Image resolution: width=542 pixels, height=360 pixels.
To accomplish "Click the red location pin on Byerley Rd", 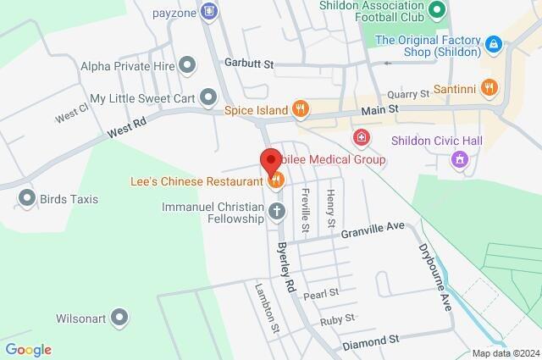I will [269, 160].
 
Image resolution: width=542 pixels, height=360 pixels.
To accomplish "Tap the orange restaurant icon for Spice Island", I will [298, 109].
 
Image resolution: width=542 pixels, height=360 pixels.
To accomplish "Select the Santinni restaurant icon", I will [489, 87].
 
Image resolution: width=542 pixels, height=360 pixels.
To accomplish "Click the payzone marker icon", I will [210, 12].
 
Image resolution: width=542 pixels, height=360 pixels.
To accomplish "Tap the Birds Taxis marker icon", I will [26, 199].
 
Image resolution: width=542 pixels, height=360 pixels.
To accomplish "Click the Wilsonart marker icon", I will [120, 318].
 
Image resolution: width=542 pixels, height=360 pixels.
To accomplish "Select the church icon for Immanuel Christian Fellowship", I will [276, 211].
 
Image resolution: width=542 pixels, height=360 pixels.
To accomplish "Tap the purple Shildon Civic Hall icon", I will [461, 158].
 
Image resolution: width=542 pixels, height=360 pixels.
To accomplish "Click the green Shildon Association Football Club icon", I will [437, 11].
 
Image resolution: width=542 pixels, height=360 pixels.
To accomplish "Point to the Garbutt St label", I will [249, 64].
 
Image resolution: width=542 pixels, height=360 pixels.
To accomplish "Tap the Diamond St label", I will [371, 339].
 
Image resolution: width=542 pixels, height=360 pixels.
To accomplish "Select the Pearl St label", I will [322, 293].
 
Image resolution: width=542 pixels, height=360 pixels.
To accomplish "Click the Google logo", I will [28, 349].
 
